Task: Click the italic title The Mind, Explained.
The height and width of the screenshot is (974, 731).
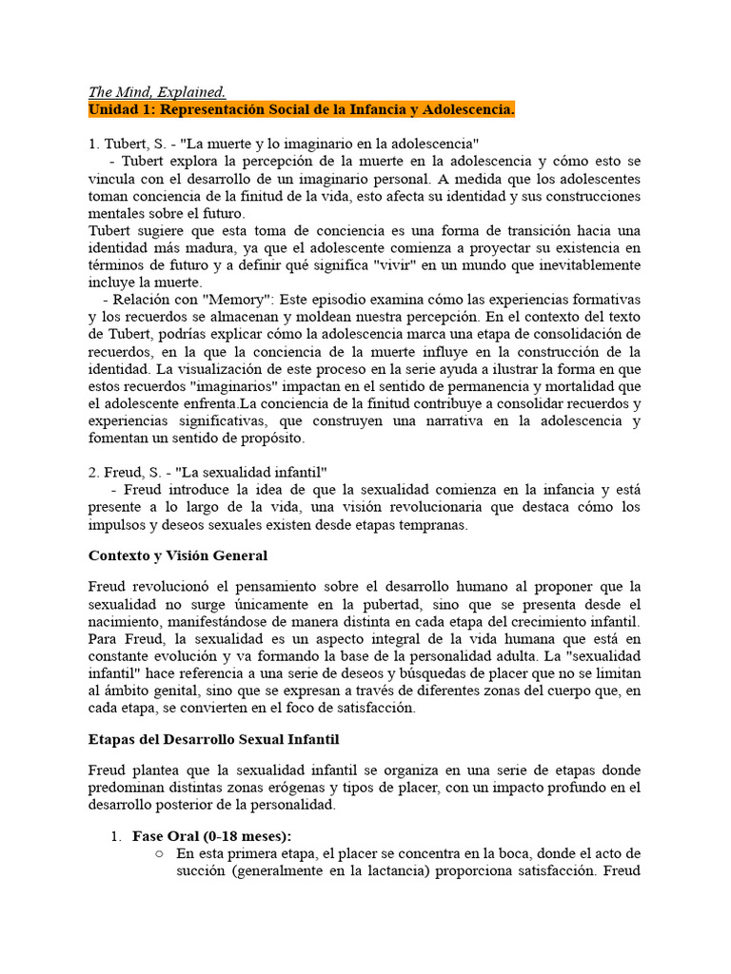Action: click(x=157, y=92)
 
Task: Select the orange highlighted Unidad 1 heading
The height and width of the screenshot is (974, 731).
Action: click(x=302, y=110)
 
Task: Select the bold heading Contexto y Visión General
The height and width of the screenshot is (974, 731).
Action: click(x=178, y=555)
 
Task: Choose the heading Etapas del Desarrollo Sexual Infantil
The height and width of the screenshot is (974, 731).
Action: click(x=214, y=738)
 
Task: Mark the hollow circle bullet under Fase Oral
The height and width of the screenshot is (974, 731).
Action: click(x=159, y=854)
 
